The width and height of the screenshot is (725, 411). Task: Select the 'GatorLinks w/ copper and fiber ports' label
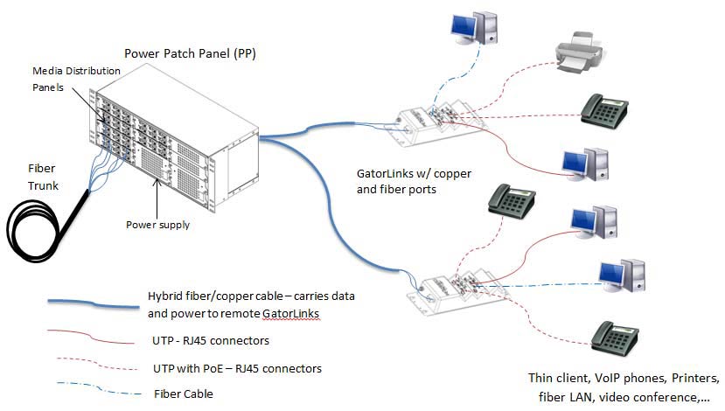(408, 181)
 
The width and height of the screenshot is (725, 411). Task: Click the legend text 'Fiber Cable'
(183, 394)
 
